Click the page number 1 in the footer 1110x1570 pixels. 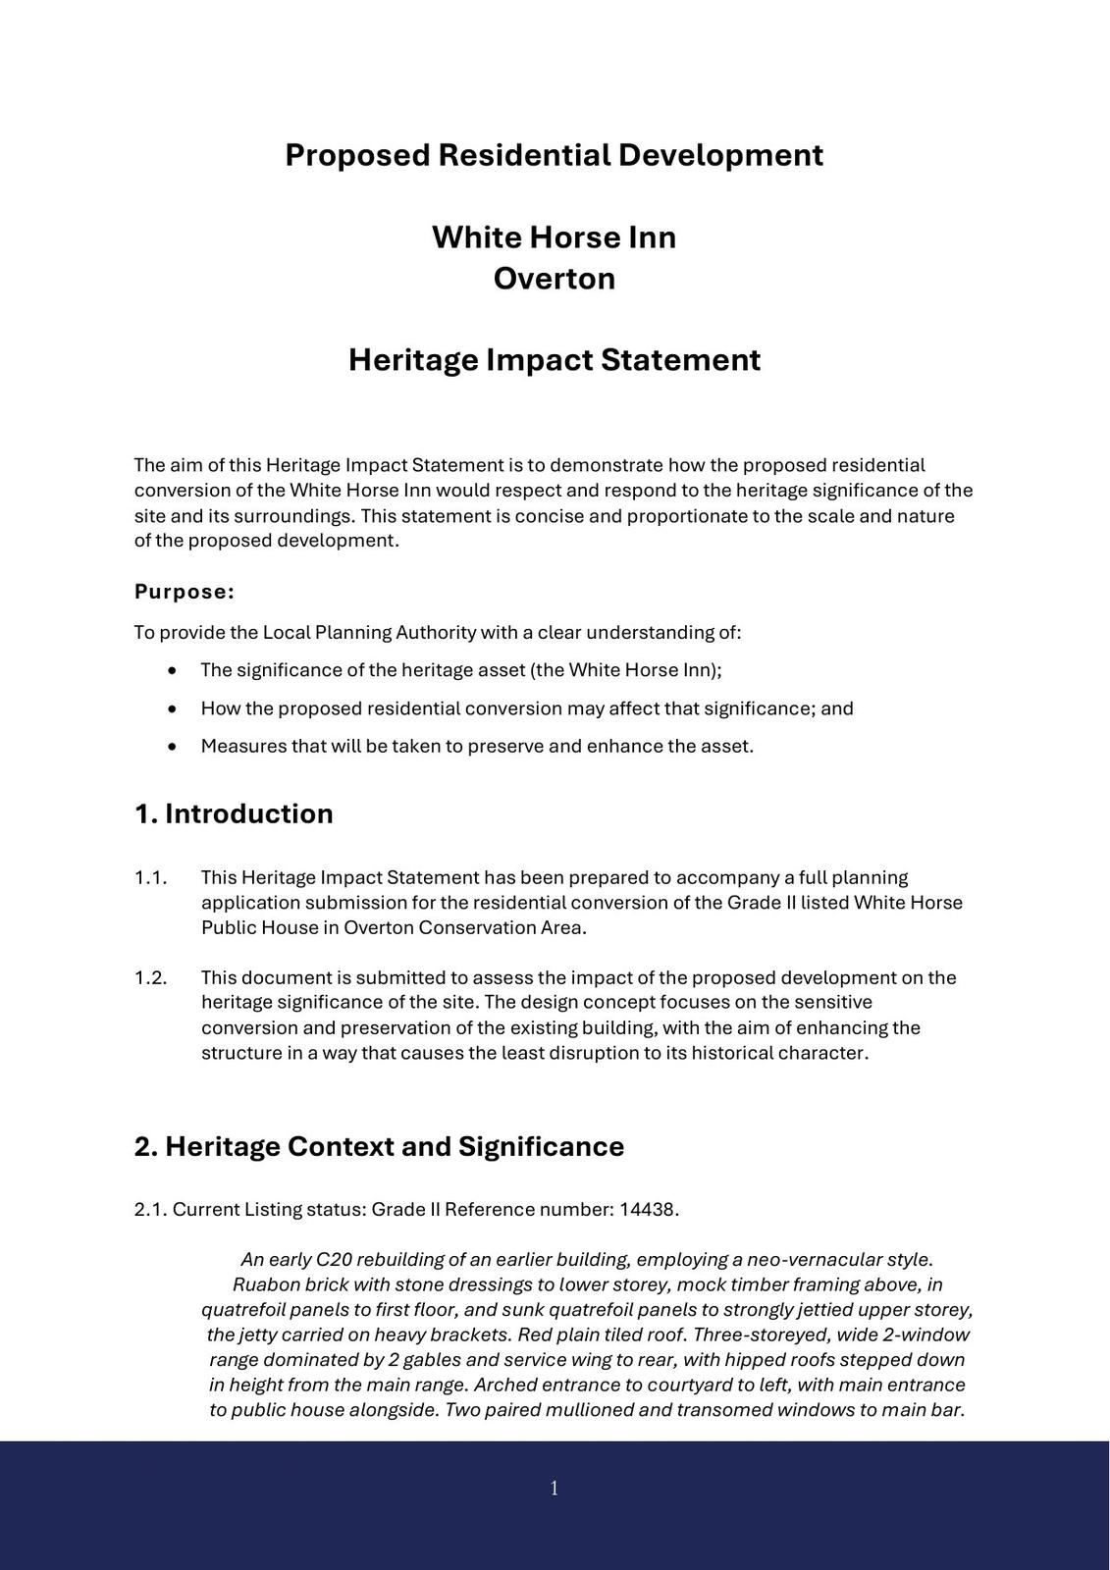[x=555, y=1489]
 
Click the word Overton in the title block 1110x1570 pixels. [x=554, y=279]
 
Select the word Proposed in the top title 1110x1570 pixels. [x=358, y=155]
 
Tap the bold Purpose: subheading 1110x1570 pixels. [x=185, y=592]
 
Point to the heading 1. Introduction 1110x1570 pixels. [x=234, y=814]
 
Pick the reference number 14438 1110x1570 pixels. [x=647, y=1210]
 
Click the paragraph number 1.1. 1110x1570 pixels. [x=150, y=877]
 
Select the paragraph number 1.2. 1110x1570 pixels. [x=150, y=977]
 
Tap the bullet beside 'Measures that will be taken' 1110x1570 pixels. [x=174, y=747]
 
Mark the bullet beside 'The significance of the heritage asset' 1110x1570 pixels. [x=174, y=671]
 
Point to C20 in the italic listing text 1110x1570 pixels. [x=334, y=1260]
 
